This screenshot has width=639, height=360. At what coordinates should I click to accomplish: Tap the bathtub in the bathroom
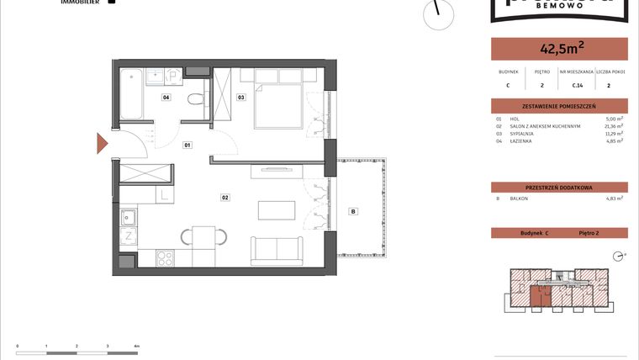tap(131, 95)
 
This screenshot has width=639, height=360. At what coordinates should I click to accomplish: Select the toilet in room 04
tap(195, 100)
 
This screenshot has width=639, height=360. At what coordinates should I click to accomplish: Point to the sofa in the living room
tap(276, 251)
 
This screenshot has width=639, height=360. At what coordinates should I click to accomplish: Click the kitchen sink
tap(129, 219)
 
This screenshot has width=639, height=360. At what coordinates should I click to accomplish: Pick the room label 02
tap(225, 198)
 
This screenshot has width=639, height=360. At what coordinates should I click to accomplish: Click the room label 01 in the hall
tap(187, 146)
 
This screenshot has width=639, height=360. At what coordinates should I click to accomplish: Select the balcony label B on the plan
tap(353, 211)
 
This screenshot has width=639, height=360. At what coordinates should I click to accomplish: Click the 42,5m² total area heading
tap(558, 48)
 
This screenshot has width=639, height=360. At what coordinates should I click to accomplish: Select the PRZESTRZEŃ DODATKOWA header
tap(558, 187)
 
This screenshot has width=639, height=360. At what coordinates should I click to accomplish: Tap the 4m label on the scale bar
tap(136, 346)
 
